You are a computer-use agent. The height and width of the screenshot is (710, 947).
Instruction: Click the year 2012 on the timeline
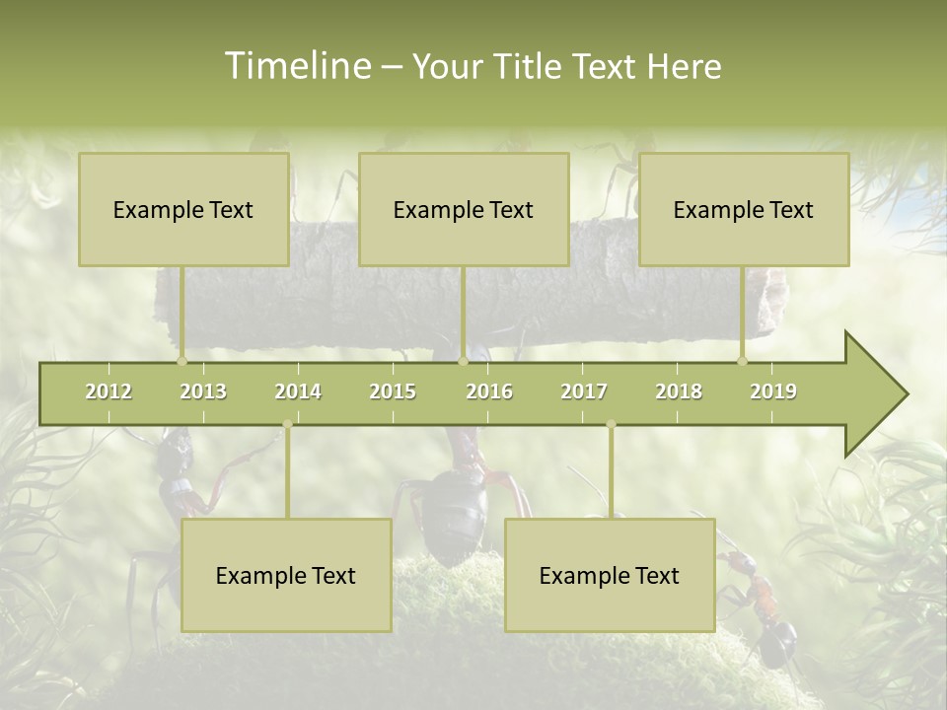109,391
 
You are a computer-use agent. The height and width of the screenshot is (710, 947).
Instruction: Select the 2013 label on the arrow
203,391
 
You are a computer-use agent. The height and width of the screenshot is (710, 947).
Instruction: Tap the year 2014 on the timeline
298,391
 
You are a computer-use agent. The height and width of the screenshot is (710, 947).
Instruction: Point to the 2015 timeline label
393,391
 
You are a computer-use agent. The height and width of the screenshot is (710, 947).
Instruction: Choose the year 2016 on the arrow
489,391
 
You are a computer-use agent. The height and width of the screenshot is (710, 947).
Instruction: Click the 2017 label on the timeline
584,391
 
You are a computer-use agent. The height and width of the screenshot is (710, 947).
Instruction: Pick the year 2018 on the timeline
679,391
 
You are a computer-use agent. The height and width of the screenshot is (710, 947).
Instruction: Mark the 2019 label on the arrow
773,391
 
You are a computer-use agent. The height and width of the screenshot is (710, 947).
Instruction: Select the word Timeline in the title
297,66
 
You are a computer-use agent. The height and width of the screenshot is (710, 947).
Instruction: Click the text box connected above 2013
183,209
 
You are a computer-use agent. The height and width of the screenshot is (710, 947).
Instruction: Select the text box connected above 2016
464,209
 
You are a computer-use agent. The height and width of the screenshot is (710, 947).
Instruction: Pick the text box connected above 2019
744,209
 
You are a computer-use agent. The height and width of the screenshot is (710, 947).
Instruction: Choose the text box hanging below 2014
286,575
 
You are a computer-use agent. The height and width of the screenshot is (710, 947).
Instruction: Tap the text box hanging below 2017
610,575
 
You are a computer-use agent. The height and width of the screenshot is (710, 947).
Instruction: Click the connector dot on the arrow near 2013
182,362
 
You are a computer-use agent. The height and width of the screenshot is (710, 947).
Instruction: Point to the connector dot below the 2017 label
611,424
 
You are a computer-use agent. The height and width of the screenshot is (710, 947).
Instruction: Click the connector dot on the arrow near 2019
742,362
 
